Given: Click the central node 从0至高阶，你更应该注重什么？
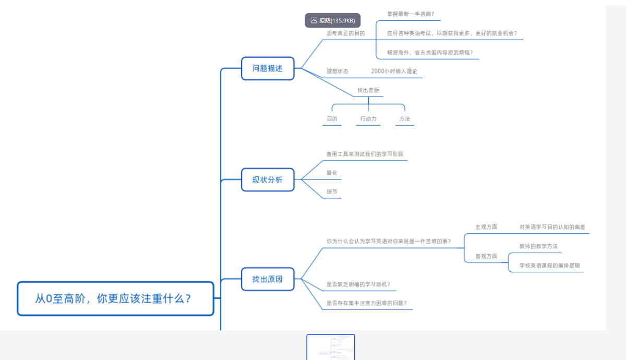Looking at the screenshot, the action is pos(115,298).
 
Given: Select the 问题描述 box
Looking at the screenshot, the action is pos(268,68).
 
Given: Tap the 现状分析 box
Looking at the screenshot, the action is pos(268,179).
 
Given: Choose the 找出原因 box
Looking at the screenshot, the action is pos(268,279).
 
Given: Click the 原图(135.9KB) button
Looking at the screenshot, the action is pos(333,20).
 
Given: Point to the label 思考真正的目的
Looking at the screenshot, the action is pos(346,33).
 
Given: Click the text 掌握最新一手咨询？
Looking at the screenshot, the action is pos(411,14).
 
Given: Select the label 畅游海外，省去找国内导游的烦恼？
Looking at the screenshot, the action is pos(430,53).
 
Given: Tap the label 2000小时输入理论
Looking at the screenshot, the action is pos(394,71).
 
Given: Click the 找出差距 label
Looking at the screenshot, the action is pos(368,90).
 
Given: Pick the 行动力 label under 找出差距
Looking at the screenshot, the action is pos(368,119).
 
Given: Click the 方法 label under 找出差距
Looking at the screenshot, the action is pos(405,119).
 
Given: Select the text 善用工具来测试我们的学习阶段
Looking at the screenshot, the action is pos(365,154).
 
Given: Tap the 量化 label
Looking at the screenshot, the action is pos(332,173).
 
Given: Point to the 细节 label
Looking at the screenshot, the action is pos(332,191).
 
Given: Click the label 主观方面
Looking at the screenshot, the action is pos(486,227).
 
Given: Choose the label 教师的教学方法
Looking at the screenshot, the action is pos(538,246).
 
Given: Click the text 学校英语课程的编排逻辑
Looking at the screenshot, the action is pos(549,266).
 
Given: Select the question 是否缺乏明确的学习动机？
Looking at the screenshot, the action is pos(358,284).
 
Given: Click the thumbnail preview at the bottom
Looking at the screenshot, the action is pos(331,347).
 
